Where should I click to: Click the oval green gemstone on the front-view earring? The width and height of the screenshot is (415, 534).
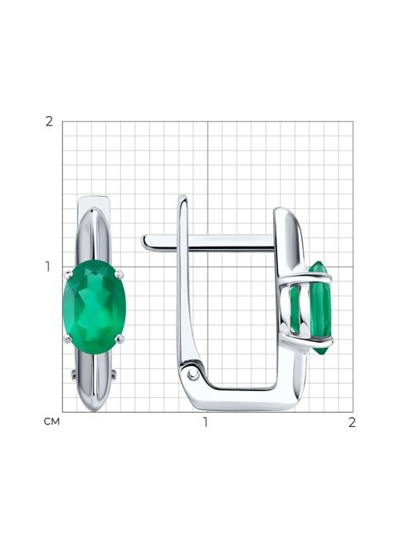pos(95,307)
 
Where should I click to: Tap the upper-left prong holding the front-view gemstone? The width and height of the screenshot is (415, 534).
pos(69,273)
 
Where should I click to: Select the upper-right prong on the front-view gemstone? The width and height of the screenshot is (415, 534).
pos(119,273)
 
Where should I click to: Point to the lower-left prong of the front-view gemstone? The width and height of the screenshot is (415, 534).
pos(68,339)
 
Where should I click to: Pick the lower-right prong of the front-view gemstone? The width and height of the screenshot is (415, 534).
pos(120,339)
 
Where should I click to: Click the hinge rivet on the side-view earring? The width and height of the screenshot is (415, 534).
pos(193,375)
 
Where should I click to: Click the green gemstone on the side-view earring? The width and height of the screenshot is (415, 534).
pos(313,308)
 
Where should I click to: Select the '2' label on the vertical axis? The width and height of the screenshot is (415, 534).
pos(49,121)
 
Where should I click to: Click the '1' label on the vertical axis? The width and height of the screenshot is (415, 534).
pos(48,267)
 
